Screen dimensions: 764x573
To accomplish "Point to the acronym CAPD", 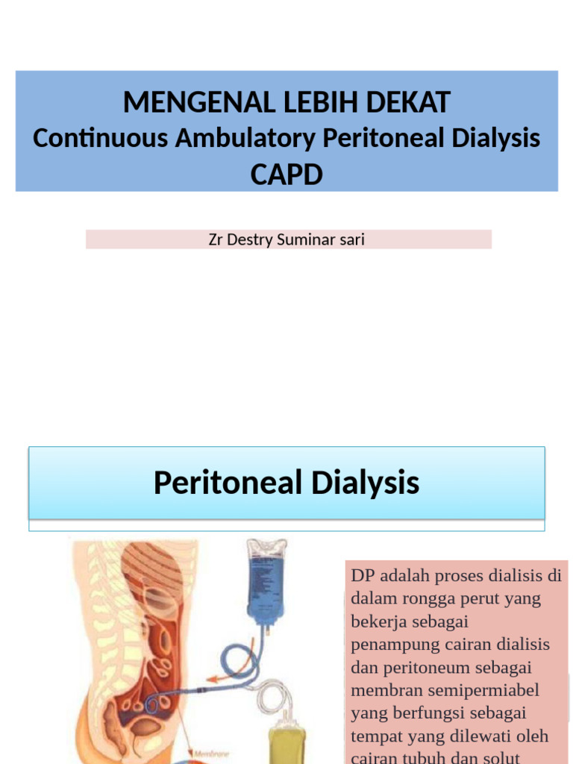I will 286,174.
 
